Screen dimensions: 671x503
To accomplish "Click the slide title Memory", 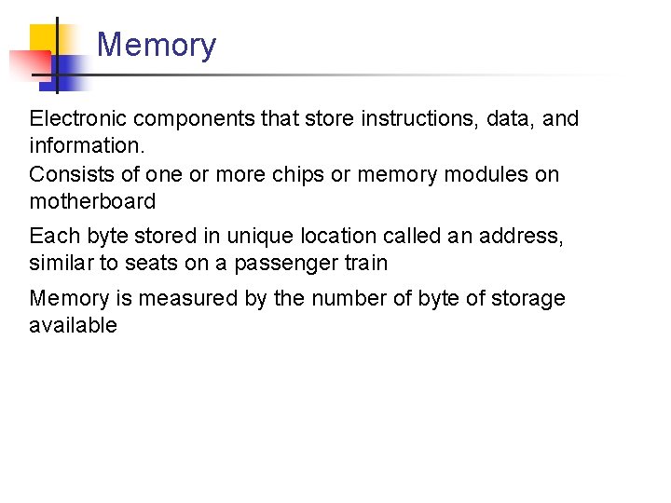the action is click(x=156, y=45).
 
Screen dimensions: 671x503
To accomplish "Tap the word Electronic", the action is click(x=77, y=119).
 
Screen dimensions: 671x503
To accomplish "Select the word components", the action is click(x=190, y=119).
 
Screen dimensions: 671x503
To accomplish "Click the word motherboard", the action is click(x=92, y=201).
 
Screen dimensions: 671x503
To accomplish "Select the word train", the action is click(x=365, y=264).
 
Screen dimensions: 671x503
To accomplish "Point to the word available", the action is click(x=73, y=326).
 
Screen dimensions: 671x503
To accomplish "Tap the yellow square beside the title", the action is click(x=47, y=39).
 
